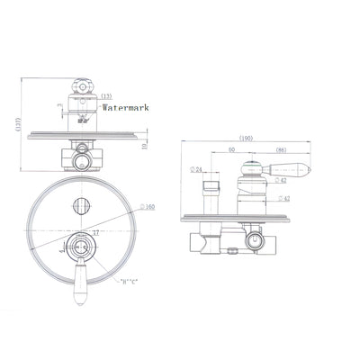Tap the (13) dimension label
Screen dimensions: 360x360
tap(106, 95)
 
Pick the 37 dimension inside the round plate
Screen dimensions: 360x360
tap(94, 232)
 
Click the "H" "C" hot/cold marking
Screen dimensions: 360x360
tap(130, 282)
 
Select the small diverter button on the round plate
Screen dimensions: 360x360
tap(80, 203)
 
